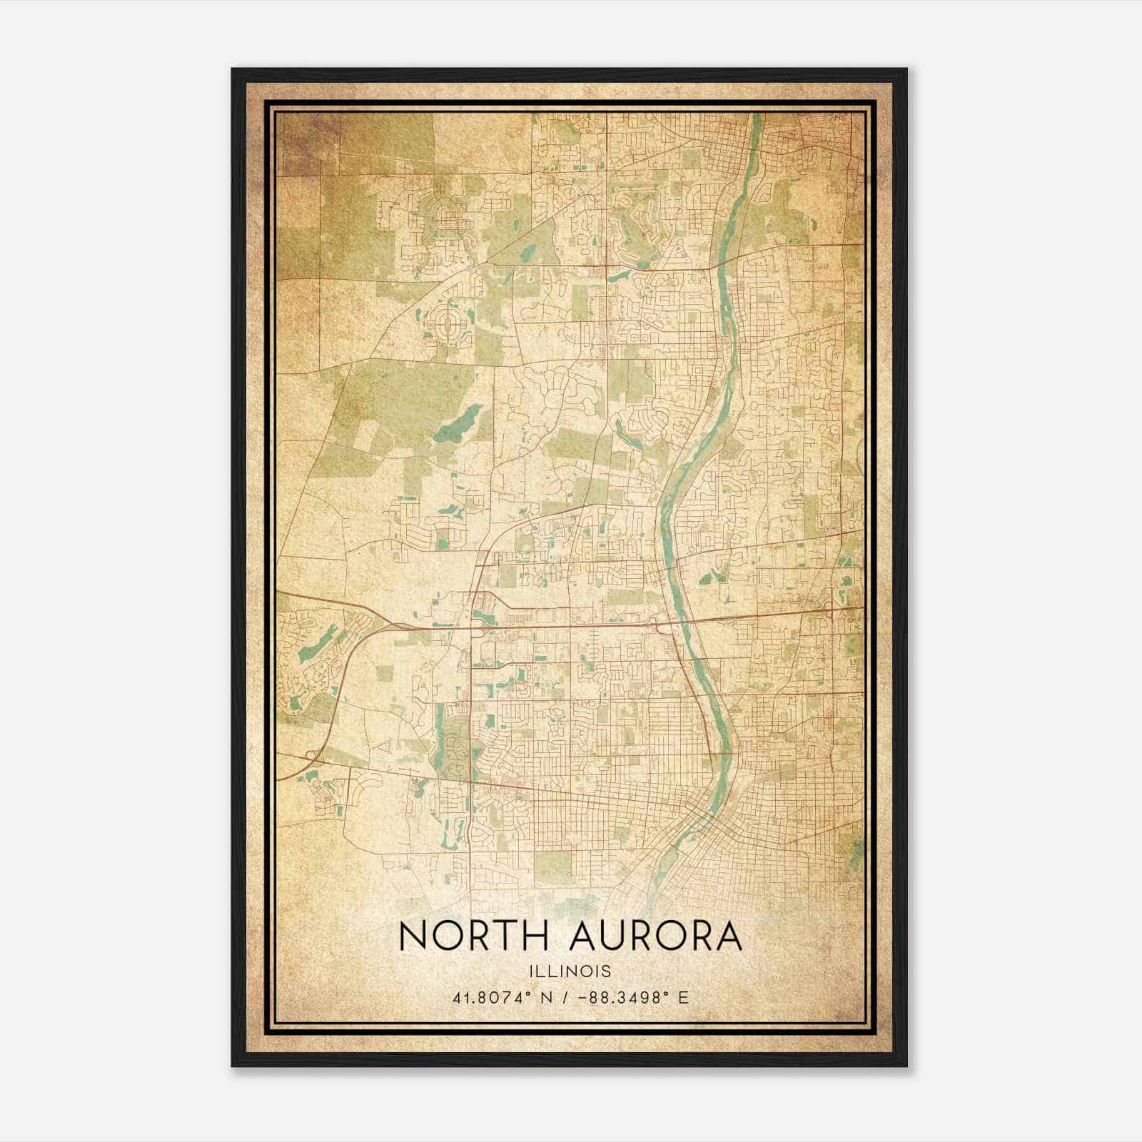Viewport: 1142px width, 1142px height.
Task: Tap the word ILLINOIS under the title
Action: point(570,971)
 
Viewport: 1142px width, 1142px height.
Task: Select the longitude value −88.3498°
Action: point(619,998)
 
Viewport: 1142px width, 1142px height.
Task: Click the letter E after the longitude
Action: point(684,998)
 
